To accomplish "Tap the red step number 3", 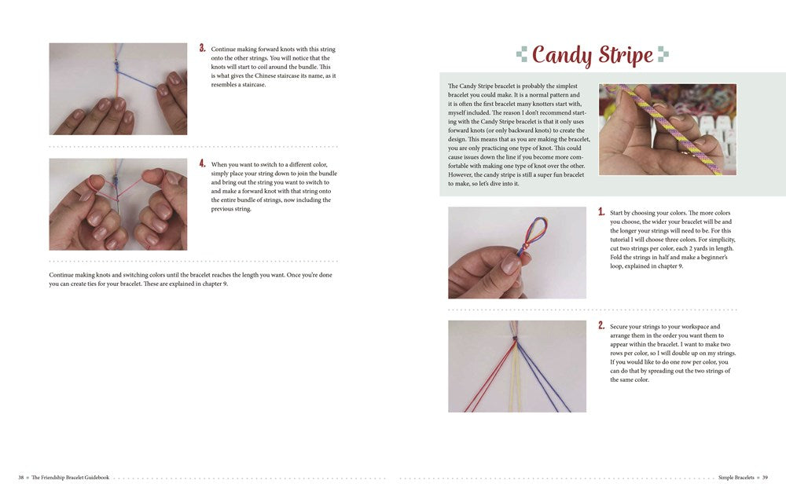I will [x=202, y=48].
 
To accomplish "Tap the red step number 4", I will [x=202, y=163].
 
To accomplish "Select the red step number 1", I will [x=601, y=212].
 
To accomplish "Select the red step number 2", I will [x=601, y=325].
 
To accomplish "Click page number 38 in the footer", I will [x=21, y=477].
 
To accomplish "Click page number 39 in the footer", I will [x=764, y=477].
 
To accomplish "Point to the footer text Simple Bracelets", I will [x=736, y=477].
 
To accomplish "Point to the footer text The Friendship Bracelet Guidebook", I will [x=70, y=477].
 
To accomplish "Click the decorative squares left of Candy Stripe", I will [x=522, y=54].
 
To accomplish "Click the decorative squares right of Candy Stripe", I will [x=663, y=54].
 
